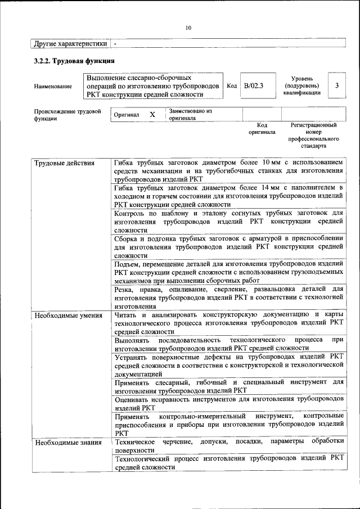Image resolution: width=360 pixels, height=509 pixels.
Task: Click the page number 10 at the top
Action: click(188, 28)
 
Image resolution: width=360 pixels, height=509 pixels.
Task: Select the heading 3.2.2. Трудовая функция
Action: click(74, 61)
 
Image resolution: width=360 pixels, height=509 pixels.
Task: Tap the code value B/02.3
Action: click(254, 85)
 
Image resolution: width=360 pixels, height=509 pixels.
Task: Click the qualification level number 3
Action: click(336, 85)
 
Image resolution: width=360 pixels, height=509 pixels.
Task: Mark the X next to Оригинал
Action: click(152, 115)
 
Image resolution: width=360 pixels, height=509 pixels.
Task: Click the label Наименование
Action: click(53, 86)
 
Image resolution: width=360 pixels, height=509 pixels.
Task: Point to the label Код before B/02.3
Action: click(231, 85)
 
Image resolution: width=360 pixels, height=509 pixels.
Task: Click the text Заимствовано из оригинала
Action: click(190, 115)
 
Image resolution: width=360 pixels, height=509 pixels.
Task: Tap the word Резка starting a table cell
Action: click(124, 290)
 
